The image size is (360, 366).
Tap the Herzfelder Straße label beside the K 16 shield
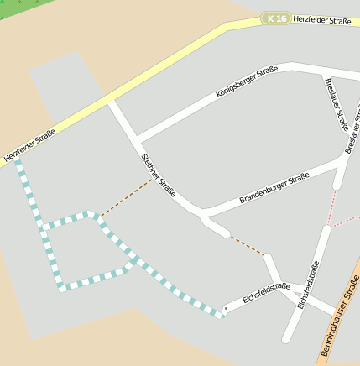(x=322, y=19)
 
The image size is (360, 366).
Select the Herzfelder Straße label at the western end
(x=29, y=145)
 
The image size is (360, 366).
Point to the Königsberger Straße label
(x=246, y=83)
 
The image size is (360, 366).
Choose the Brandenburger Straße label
(x=274, y=188)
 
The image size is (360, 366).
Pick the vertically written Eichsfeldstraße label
(x=308, y=285)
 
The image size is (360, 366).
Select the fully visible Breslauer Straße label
(x=335, y=104)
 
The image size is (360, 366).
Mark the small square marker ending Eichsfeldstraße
(x=225, y=308)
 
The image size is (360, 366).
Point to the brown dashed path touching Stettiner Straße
(x=128, y=197)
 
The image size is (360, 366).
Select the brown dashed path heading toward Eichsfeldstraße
(x=248, y=245)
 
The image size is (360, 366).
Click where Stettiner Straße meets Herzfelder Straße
(x=110, y=100)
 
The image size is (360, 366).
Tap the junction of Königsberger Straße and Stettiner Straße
(x=136, y=138)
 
